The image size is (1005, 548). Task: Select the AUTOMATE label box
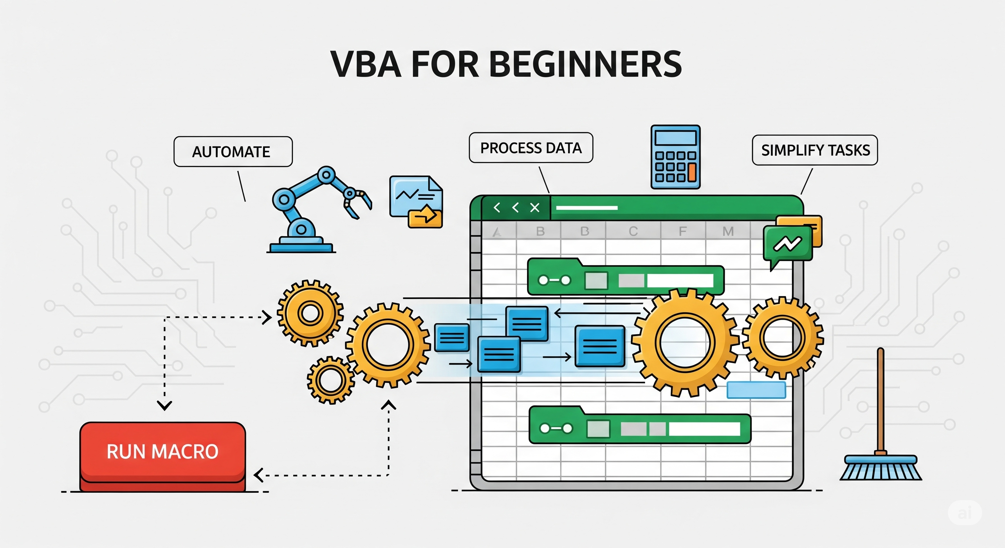coord(233,152)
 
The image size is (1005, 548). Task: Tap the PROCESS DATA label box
coord(531,147)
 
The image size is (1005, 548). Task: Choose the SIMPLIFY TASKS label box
coord(815,150)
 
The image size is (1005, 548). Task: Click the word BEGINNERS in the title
coord(585,64)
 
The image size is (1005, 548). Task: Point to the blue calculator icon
coord(675,157)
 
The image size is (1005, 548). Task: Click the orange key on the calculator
coord(692,173)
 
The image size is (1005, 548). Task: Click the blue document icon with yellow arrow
coord(416,202)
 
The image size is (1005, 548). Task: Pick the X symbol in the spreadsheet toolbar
coord(535,208)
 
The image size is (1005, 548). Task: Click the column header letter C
coord(633,231)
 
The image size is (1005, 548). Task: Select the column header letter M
coord(728,231)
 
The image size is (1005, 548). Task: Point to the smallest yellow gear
coord(330,380)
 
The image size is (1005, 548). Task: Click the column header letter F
coord(682,231)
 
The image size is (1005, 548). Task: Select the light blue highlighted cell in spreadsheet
coord(756,390)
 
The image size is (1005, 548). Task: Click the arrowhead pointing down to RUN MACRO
coord(165,406)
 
